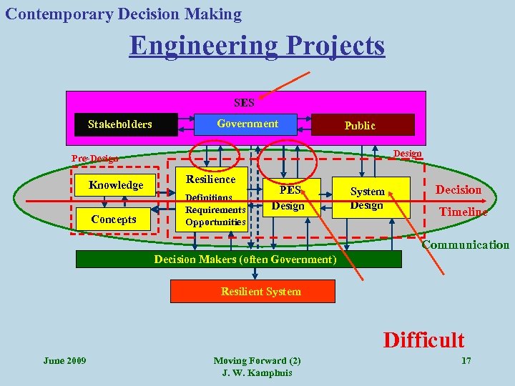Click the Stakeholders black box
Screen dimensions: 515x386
pos(120,124)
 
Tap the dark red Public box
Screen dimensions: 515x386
pos(359,125)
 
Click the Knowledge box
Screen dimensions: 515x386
pos(116,185)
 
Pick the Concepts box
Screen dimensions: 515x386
pos(114,219)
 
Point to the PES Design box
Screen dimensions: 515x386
pos(290,198)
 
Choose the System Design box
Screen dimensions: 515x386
pos(367,198)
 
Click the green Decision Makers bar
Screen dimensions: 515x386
pos(245,259)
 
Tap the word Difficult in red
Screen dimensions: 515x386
pos(423,340)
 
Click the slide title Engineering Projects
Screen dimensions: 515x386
pos(257,46)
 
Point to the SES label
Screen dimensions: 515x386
pos(244,102)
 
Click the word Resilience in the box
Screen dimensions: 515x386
pos(210,179)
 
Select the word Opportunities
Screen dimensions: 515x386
pos(215,222)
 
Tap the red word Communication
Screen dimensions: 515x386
pos(465,245)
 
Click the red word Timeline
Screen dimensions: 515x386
pos(463,212)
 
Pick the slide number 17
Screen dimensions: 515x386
pos(466,360)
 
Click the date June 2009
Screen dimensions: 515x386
pos(64,360)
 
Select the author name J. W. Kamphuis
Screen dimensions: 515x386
pos(257,373)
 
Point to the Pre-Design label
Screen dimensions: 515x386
pos(94,159)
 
